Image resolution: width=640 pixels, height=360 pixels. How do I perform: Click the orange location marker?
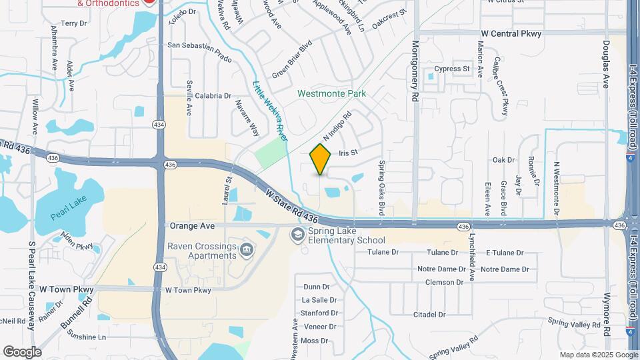click(321, 159)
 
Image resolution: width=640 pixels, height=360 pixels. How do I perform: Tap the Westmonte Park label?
click(332, 94)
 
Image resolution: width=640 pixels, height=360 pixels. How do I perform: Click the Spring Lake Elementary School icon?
click(297, 235)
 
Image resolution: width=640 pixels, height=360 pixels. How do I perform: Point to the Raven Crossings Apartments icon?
click(247, 251)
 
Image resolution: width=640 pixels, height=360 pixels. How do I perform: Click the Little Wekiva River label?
click(270, 111)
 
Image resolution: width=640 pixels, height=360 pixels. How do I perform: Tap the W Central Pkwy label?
click(511, 33)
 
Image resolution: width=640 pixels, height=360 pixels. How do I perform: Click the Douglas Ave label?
click(606, 63)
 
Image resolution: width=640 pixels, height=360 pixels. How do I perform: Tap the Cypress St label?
click(452, 69)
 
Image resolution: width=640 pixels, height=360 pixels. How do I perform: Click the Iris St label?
click(348, 153)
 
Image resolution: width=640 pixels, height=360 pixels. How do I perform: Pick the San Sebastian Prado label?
click(199, 52)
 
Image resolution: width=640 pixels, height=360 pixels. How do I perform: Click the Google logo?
click(22, 352)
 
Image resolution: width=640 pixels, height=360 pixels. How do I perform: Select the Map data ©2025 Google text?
click(599, 355)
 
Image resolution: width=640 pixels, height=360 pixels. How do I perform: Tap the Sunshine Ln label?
click(83, 337)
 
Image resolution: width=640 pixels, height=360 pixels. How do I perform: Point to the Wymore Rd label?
click(607, 313)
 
